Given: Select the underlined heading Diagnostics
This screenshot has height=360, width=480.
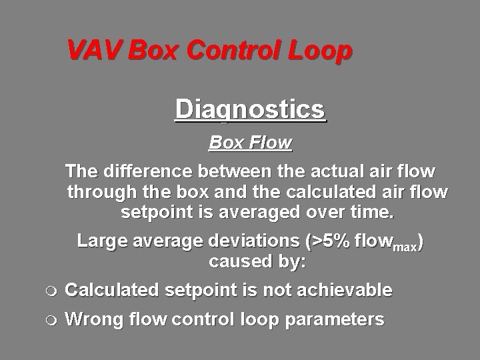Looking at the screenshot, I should (251, 109).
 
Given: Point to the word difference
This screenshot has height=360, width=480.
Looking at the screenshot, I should (147, 172).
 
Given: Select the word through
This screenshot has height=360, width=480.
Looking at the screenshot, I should (102, 193).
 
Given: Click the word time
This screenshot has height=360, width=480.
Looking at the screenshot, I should (374, 214).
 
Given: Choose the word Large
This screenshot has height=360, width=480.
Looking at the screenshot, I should (99, 241).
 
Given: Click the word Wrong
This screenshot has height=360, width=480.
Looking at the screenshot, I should (93, 319).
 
